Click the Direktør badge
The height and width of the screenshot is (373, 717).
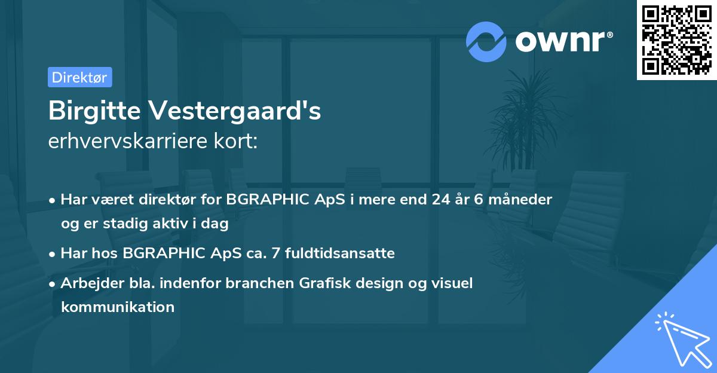coord(79,77)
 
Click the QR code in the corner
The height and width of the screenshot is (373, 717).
coord(676,39)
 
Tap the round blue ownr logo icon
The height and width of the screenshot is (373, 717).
coord(486,42)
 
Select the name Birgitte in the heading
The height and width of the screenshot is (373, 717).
coord(93,111)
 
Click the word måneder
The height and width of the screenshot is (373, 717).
coord(519,199)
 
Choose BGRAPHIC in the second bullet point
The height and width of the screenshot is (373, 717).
coord(161,253)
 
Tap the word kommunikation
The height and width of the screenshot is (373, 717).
coord(118,307)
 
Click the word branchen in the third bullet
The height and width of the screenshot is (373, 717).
coord(259,283)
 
